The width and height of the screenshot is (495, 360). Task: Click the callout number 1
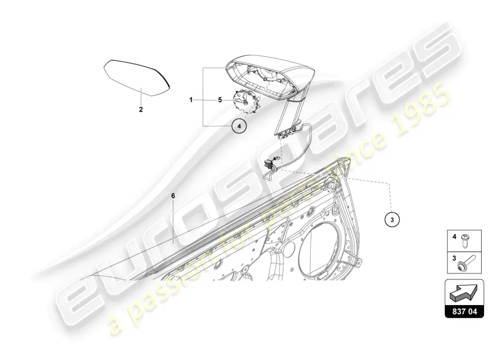[191, 100]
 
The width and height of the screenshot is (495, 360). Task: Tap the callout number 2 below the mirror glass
[141, 110]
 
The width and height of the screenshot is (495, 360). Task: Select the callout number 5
[220, 100]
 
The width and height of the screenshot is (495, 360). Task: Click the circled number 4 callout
[239, 126]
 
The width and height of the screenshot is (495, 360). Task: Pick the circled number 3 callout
[392, 220]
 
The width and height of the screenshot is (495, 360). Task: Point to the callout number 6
[173, 196]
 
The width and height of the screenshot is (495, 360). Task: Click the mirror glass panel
[137, 77]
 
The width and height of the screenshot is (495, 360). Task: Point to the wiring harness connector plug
[269, 164]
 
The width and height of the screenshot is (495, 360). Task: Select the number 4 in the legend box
[454, 236]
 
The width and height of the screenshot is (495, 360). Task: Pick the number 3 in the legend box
[454, 258]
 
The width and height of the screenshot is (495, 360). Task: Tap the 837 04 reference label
[464, 312]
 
